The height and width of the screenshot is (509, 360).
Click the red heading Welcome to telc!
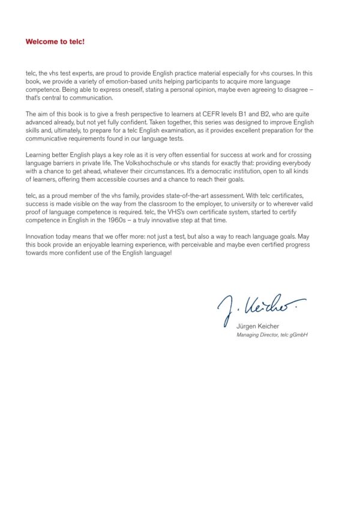point(55,42)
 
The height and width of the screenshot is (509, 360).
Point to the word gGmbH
point(298,335)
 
